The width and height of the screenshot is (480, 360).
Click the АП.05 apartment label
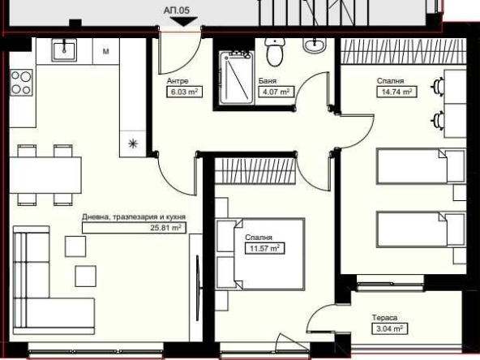[x=177, y=11]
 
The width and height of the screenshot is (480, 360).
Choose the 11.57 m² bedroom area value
[x=263, y=248]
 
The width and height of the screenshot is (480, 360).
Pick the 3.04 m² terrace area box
[x=388, y=328]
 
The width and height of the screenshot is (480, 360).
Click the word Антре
[x=178, y=82]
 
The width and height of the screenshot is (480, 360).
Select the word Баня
[x=268, y=82]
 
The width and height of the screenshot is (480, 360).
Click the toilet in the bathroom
[x=274, y=54]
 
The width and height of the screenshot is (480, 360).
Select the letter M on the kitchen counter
[x=106, y=52]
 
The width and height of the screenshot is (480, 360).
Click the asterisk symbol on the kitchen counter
[x=132, y=144]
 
